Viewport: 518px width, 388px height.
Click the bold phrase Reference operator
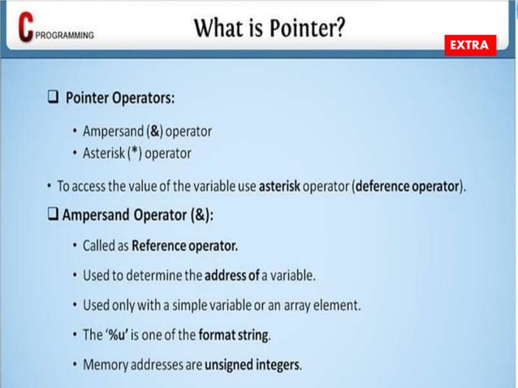[184, 245]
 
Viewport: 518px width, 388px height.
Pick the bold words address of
[231, 275]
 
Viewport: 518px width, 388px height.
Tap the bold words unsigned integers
[253, 364]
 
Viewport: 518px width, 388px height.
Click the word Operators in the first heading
[143, 97]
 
